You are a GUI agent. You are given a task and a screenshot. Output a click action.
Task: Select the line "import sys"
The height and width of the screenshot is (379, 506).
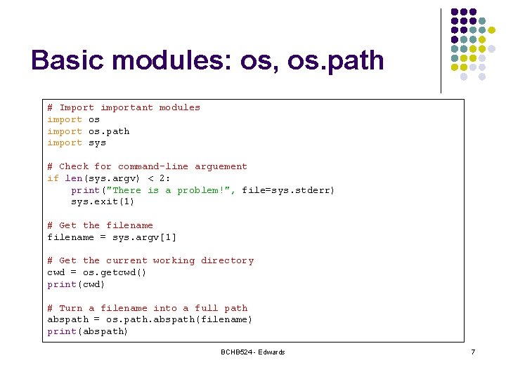pos(77,142)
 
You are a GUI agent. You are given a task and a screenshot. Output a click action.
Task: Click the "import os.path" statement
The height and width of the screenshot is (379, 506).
pos(89,131)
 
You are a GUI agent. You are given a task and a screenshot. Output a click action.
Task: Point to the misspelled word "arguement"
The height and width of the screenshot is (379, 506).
pos(221,166)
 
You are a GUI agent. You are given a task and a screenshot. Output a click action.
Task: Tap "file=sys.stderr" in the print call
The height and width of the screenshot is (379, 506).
pos(286,190)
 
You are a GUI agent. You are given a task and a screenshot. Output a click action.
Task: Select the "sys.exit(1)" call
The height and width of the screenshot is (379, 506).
pos(103,202)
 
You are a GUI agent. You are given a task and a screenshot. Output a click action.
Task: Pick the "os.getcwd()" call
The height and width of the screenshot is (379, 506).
pos(115,272)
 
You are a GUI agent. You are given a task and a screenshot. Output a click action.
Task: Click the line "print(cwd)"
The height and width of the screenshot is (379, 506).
pos(77,284)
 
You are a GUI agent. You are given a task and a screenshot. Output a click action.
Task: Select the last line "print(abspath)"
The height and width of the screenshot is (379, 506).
pos(88,331)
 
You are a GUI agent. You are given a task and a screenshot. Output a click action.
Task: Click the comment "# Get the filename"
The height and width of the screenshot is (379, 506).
pos(100,225)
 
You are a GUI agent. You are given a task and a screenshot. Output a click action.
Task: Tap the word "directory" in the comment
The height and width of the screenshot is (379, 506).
pos(227,260)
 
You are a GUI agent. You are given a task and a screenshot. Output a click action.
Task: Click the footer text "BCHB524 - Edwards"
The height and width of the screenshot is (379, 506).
pos(252,352)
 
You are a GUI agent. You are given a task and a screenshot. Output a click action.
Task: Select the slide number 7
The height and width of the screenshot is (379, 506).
pos(473,352)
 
